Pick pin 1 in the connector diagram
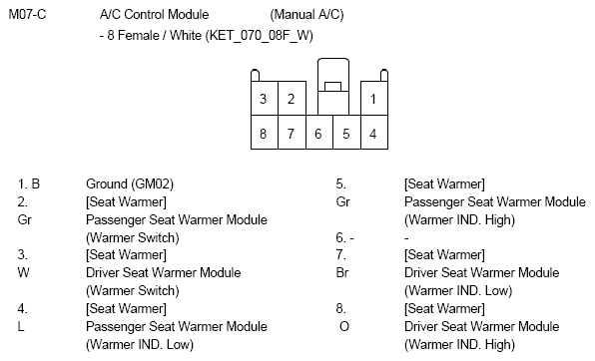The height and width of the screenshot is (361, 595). (372, 99)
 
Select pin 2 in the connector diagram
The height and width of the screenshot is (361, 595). (290, 99)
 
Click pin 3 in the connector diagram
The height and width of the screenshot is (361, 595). (263, 99)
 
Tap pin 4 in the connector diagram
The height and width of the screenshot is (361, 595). (372, 132)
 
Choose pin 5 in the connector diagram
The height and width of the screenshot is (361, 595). (345, 132)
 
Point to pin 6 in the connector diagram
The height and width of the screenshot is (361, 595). (317, 132)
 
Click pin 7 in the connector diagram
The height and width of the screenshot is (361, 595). (290, 132)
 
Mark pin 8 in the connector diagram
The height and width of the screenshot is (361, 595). (263, 132)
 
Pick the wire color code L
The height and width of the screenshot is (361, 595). (22, 326)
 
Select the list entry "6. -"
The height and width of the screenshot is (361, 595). (345, 237)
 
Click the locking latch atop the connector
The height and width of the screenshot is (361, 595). (331, 82)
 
